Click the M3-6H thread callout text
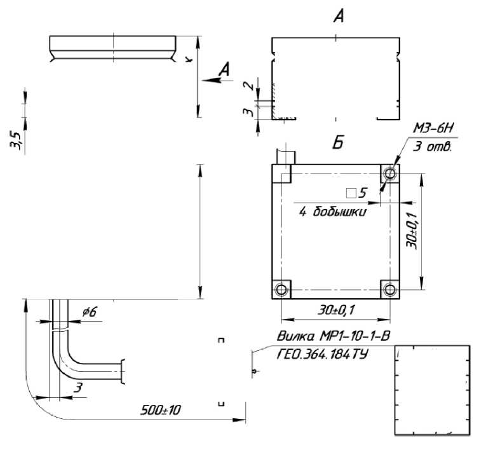[433, 128]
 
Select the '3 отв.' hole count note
[433, 146]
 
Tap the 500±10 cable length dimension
[160, 410]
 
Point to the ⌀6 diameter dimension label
[90, 311]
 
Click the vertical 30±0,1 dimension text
[412, 231]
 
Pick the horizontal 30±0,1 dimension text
[335, 310]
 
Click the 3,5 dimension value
[16, 141]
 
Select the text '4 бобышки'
[333, 212]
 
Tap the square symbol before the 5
[351, 193]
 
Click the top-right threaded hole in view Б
[389, 173]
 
